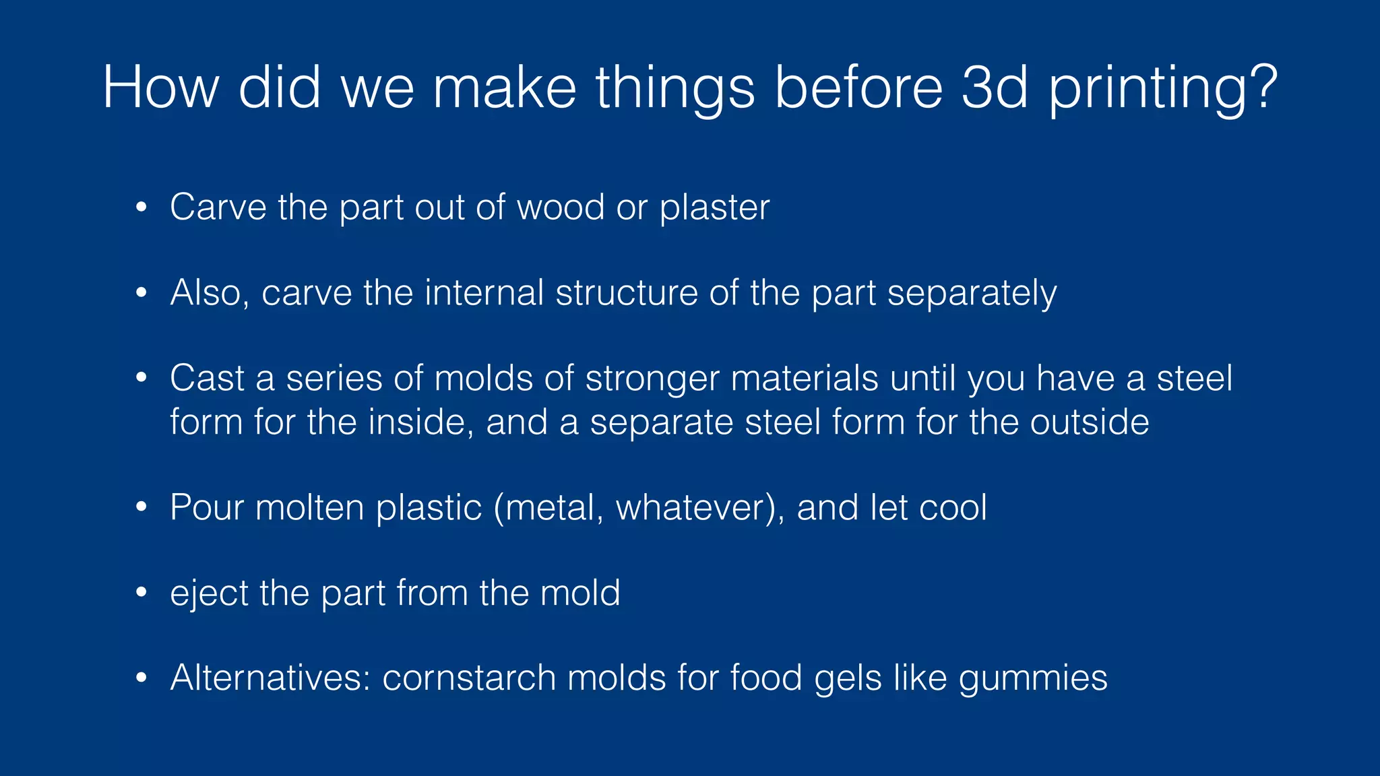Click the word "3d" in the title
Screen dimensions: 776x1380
(995, 87)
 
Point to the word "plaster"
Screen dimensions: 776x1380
(714, 208)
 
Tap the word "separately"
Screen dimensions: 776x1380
(972, 295)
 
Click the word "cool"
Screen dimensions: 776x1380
(953, 507)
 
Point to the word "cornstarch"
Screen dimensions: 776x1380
(469, 678)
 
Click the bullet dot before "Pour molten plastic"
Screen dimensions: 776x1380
(141, 507)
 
